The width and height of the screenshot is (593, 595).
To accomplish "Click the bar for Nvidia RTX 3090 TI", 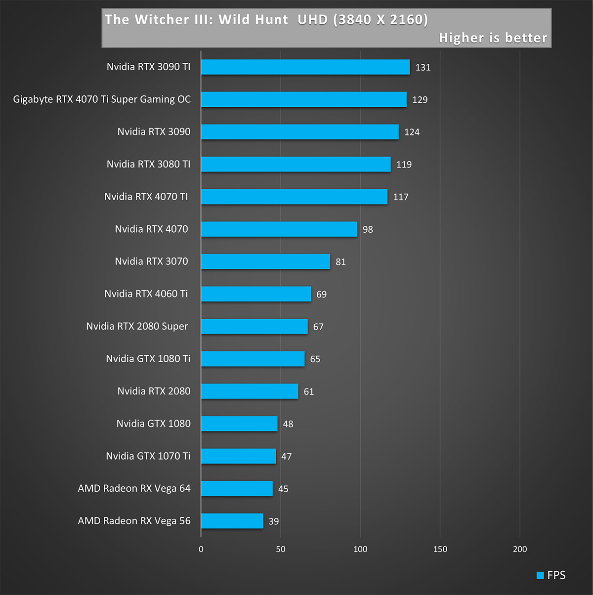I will (x=305, y=67).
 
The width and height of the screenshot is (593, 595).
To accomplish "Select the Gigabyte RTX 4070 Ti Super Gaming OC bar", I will (x=304, y=99).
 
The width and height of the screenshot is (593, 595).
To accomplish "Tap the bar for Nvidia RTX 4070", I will (x=279, y=229).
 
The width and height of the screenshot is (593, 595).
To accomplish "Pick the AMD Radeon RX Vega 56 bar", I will (x=232, y=521).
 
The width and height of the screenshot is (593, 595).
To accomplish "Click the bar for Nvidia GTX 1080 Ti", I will (x=253, y=359).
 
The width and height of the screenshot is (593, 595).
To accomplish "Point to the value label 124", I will (x=412, y=132).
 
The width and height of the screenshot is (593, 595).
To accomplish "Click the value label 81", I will (x=340, y=262).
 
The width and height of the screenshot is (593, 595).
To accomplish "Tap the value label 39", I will (x=274, y=521).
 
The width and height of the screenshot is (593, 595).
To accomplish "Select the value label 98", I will (x=368, y=229).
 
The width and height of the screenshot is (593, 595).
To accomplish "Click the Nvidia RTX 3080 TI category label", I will (x=148, y=164).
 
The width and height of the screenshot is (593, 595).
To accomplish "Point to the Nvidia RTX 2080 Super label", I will (x=137, y=326).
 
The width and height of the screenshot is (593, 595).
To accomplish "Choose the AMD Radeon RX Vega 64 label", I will (x=134, y=488).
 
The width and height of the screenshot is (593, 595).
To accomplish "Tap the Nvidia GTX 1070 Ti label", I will (x=148, y=456).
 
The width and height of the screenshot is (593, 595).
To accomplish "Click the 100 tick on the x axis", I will (x=360, y=549).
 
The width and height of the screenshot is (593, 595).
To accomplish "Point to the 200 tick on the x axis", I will (x=520, y=549).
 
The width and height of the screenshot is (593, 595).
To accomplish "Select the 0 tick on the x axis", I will (x=201, y=549).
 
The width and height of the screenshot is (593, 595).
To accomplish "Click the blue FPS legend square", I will (x=540, y=575).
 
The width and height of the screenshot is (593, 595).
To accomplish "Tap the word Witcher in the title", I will (x=162, y=20).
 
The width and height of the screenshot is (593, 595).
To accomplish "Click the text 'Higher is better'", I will (x=493, y=38).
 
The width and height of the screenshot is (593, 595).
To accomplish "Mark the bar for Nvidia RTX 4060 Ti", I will (x=256, y=294).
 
